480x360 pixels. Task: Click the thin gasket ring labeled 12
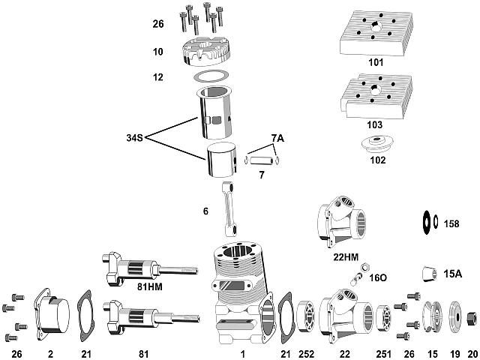[x=211, y=76]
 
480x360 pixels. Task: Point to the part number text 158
[x=451, y=223]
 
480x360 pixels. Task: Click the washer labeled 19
[x=454, y=316]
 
